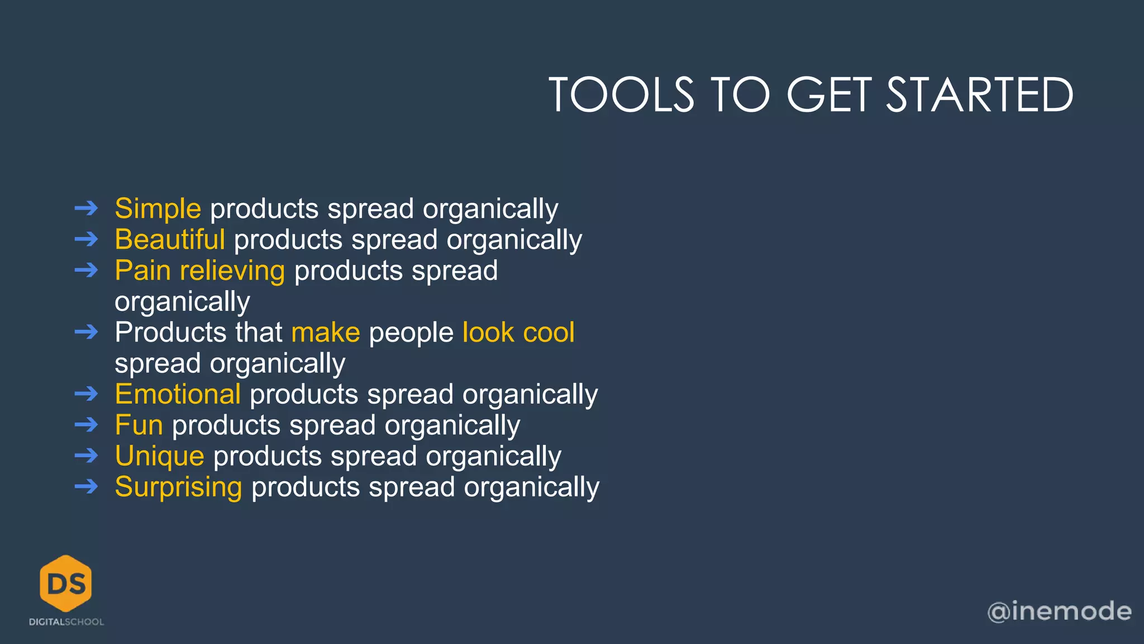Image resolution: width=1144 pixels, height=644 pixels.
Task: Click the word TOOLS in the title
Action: (x=621, y=94)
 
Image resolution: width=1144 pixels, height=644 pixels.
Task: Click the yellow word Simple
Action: (x=158, y=209)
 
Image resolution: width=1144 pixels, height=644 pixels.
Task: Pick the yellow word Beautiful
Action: (x=170, y=240)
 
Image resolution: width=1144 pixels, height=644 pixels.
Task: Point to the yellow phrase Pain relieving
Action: (x=199, y=271)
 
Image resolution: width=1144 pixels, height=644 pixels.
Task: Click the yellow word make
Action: (x=326, y=333)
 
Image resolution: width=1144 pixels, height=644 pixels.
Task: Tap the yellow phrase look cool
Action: (x=518, y=333)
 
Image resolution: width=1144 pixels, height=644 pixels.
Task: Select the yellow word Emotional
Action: (x=178, y=394)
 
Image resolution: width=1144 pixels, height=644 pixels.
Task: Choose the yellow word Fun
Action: (x=139, y=425)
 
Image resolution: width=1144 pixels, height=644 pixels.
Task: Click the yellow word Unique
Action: (x=159, y=456)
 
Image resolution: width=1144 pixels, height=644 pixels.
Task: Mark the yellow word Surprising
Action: (x=178, y=487)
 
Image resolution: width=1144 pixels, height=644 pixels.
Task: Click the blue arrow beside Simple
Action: (x=86, y=209)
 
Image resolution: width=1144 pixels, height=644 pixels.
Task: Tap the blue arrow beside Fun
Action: (x=86, y=425)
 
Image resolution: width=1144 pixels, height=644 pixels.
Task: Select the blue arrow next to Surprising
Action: (x=86, y=487)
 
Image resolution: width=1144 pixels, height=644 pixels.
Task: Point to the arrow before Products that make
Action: (x=86, y=333)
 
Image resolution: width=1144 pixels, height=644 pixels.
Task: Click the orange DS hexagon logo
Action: (x=66, y=583)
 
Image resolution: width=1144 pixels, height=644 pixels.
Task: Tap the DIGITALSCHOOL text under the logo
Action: (x=66, y=622)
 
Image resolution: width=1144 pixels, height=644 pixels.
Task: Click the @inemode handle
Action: (x=1059, y=611)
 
